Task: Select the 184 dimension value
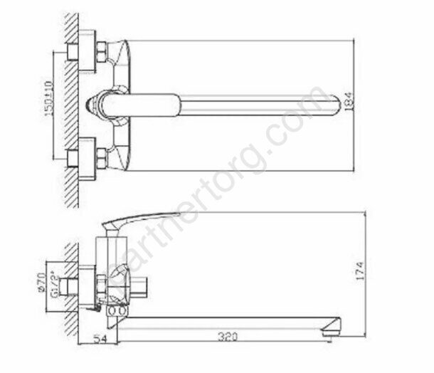346,103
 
